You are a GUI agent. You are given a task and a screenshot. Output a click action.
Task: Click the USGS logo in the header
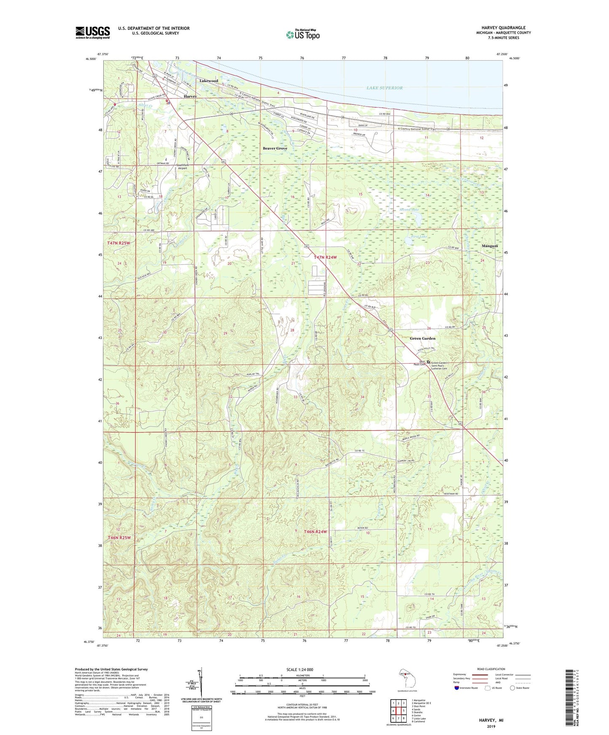(x=93, y=32)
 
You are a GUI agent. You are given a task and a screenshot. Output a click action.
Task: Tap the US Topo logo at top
(x=302, y=35)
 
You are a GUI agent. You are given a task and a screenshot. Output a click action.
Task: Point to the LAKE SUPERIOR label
(x=384, y=88)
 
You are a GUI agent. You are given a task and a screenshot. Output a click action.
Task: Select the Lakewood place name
(x=209, y=80)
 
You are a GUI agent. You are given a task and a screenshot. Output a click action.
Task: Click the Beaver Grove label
(x=275, y=148)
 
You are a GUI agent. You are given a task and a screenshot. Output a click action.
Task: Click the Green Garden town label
(x=422, y=338)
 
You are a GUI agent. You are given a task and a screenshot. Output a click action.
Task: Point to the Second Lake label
(x=409, y=209)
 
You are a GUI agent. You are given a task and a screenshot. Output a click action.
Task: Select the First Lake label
(x=419, y=237)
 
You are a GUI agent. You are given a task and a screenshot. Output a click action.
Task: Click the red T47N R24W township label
(x=325, y=257)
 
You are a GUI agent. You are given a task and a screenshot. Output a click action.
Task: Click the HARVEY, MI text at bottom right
(x=491, y=720)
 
